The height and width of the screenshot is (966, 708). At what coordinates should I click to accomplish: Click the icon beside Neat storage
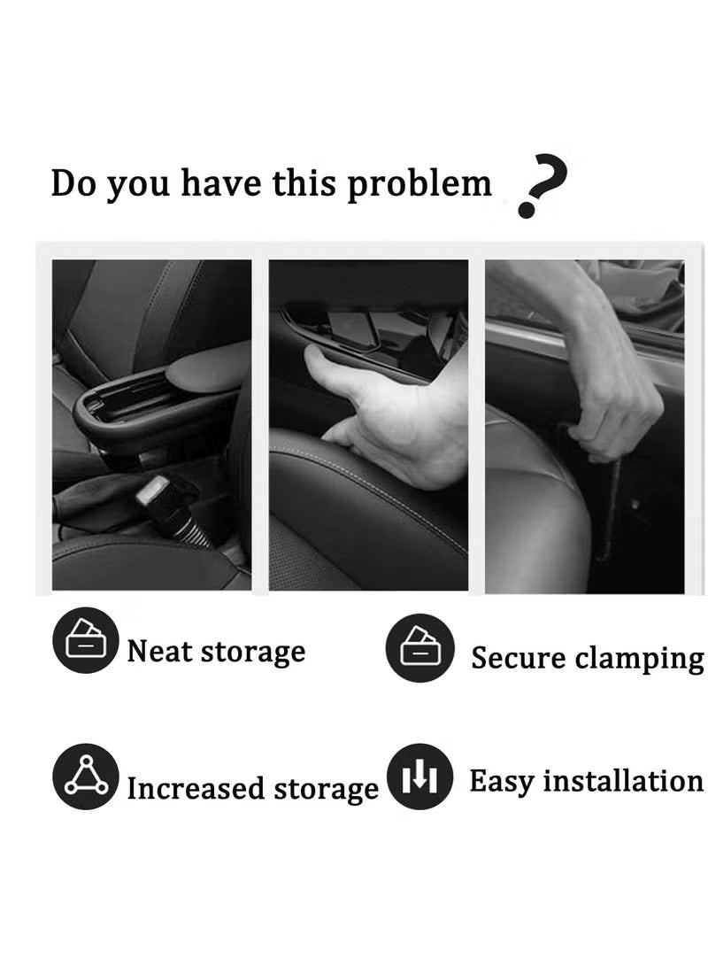point(86,640)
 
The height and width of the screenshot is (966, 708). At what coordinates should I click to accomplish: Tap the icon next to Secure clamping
point(419,647)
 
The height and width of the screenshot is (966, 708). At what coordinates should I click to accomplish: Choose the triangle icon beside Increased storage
point(86,777)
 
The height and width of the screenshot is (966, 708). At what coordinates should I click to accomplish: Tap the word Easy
point(501,783)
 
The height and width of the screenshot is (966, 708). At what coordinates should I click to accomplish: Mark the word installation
point(623,781)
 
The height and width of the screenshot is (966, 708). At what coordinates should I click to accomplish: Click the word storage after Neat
point(253,653)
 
